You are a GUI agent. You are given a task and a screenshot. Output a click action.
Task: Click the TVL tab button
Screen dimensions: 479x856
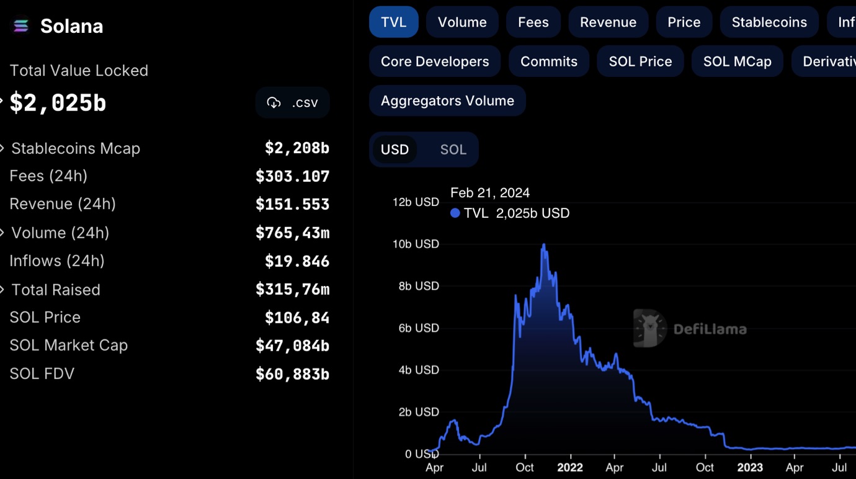(393, 22)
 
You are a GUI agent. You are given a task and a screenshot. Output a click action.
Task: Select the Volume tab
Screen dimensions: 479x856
(462, 22)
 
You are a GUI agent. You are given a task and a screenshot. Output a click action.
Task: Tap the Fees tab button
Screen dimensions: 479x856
(533, 22)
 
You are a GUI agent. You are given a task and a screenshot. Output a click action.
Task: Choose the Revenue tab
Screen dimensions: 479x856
(608, 22)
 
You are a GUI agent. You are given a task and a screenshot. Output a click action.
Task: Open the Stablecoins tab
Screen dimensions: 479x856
(769, 22)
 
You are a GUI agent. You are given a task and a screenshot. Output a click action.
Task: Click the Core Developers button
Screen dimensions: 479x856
(435, 61)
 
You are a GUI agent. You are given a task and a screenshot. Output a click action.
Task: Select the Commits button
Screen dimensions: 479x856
(548, 61)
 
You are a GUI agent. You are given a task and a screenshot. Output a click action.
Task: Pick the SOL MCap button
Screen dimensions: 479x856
(737, 61)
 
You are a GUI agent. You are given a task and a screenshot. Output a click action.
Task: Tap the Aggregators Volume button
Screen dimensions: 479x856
(447, 101)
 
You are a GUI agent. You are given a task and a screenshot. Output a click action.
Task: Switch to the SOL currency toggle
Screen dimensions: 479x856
(453, 150)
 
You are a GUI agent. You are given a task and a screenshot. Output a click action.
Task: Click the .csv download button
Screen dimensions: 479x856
(292, 103)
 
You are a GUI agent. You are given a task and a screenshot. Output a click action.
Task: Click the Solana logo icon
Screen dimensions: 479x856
(20, 26)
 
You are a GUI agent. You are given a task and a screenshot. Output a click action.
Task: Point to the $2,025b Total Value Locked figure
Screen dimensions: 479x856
(58, 103)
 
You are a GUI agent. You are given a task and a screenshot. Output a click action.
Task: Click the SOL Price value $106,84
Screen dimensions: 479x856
(296, 318)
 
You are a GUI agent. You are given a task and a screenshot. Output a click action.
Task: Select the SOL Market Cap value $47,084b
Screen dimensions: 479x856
(292, 346)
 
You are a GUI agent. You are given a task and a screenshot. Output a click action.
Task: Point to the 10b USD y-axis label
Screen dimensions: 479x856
(416, 244)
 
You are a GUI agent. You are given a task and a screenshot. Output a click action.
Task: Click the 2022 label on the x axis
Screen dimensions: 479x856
(569, 467)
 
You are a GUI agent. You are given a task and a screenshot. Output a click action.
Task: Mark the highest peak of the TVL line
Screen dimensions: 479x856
(544, 245)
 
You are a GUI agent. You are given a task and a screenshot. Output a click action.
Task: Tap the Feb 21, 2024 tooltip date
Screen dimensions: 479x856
(490, 193)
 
